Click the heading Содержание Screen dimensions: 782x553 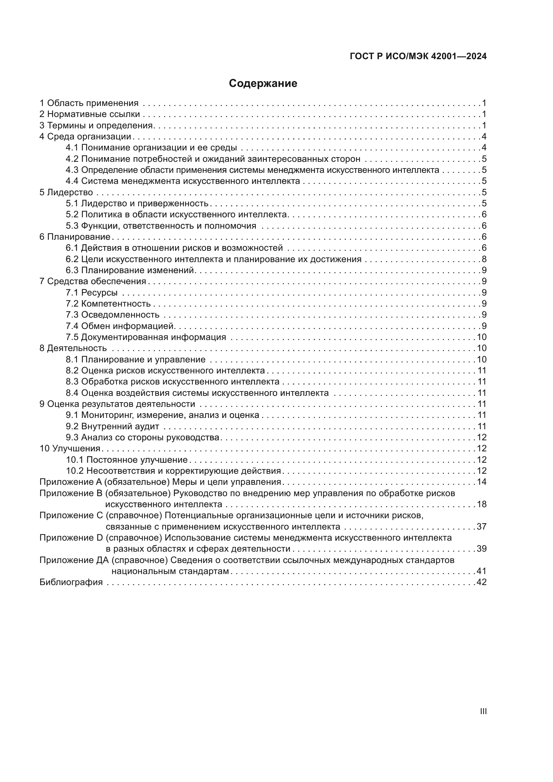coord(263,84)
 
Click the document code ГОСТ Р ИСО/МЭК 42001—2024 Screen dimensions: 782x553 coord(418,57)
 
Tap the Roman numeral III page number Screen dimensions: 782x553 coord(483,711)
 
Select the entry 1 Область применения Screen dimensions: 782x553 coord(89,103)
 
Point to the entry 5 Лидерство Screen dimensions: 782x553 coord(66,192)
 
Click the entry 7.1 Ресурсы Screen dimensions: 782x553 coord(92,293)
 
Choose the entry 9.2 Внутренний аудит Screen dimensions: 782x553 coord(112,426)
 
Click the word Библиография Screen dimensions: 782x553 coord(71,582)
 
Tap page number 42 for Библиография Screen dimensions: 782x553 coord(481,582)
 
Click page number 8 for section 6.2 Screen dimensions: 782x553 coord(484,259)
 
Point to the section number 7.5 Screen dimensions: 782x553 coord(72,337)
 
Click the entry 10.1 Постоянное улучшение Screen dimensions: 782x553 coord(127,460)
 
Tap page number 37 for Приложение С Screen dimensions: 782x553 coord(481,527)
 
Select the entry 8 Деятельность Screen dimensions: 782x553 coord(73,348)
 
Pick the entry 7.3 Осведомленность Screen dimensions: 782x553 coord(112,315)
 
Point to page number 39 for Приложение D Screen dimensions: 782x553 coord(481,549)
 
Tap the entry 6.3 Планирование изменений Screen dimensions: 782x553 coord(130,270)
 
